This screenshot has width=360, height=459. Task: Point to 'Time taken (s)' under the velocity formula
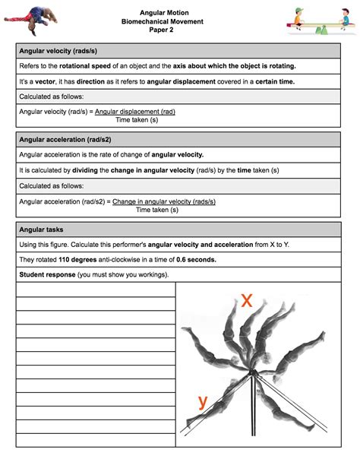(137, 120)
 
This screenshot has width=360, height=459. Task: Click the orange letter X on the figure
(247, 300)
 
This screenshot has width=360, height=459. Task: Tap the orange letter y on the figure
(203, 402)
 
